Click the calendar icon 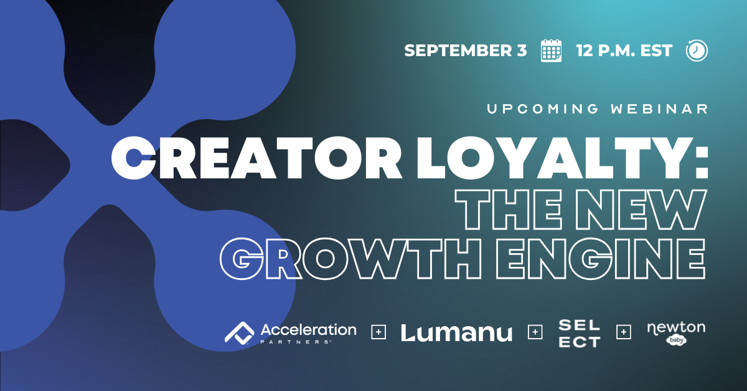click(551, 51)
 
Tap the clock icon click(697, 51)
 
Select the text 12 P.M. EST click(624, 51)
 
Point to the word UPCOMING click(543, 109)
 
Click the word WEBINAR click(659, 109)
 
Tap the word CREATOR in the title click(256, 158)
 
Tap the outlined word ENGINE click(600, 259)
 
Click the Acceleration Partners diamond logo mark click(239, 333)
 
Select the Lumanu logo click(456, 332)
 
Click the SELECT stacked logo click(580, 333)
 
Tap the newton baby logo click(676, 332)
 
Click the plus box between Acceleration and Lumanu click(378, 332)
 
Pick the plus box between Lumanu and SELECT click(535, 332)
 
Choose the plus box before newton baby click(624, 332)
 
